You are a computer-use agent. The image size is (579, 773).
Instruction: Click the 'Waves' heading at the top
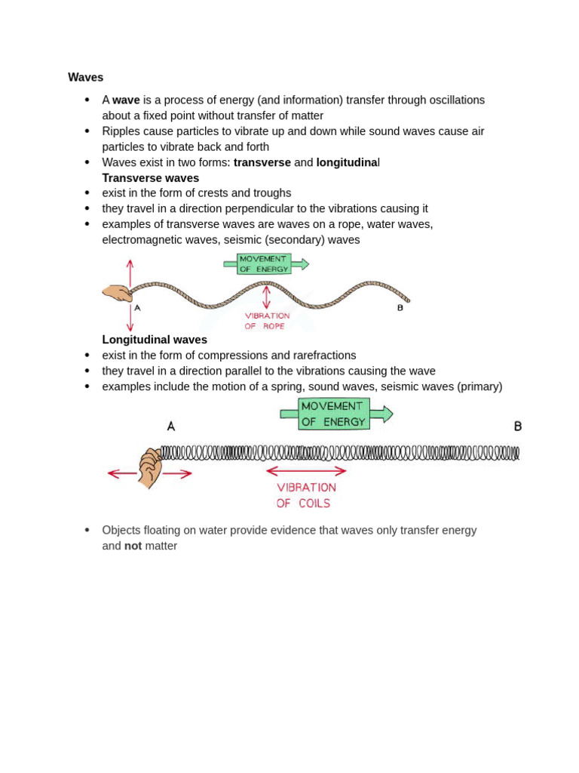tap(85, 77)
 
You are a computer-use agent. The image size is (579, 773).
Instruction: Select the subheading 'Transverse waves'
tap(150, 178)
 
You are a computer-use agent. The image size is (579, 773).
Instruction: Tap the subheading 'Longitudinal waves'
tap(155, 340)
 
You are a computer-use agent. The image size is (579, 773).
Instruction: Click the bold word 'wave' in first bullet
tap(126, 100)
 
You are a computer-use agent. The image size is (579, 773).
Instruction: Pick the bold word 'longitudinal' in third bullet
tap(347, 162)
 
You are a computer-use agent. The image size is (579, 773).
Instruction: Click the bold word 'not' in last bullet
tap(133, 546)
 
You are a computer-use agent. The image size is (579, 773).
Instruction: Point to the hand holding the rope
tap(117, 293)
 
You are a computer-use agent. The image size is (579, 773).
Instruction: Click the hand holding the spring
tap(150, 467)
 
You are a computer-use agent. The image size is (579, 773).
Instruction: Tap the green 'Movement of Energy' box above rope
tap(264, 263)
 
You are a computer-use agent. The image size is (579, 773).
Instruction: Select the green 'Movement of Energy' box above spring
tap(334, 414)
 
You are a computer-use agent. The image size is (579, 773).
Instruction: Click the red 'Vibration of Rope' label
tap(266, 321)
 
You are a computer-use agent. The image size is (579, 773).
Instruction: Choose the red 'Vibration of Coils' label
tap(305, 495)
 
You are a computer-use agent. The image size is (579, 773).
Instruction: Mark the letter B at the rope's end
tap(400, 308)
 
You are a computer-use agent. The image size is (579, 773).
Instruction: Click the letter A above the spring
tap(171, 427)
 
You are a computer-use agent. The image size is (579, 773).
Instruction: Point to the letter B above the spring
tap(518, 427)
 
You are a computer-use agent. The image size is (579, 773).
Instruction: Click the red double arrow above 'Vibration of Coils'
tap(306, 471)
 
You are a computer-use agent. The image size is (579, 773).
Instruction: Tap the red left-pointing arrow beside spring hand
tap(121, 474)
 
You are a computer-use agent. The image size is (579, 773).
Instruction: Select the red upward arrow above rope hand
tap(130, 273)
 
